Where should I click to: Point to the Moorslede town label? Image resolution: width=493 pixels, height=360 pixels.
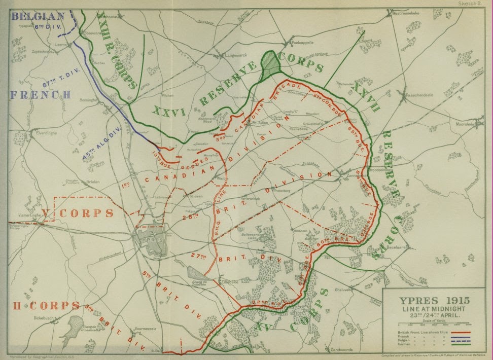click(x=467, y=124)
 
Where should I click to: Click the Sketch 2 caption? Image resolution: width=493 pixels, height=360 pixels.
click(x=473, y=4)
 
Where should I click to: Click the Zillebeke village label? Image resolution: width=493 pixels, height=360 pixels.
click(x=228, y=281)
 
